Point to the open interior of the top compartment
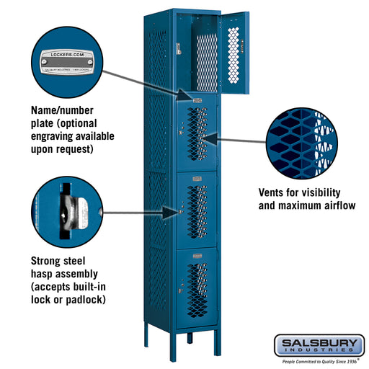(x=197, y=54)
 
